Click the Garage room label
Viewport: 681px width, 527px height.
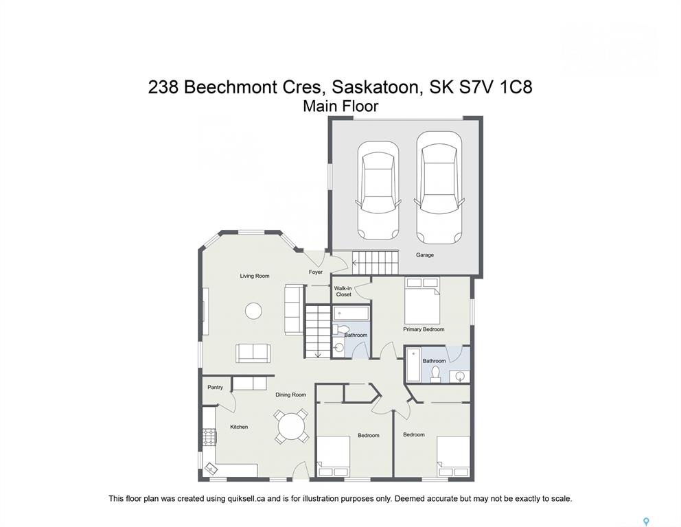pos(424,255)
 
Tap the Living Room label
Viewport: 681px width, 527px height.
pos(255,276)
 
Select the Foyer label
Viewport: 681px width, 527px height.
pos(316,272)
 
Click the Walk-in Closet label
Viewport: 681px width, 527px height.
pos(343,291)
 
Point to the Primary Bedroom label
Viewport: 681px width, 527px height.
pos(424,329)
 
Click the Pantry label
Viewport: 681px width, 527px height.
pos(215,387)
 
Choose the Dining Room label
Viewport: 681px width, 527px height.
pos(290,395)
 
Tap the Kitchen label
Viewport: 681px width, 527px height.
pos(239,427)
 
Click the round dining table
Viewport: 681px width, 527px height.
pos(292,426)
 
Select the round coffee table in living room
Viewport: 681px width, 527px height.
pos(253,311)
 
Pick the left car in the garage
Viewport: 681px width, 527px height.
pos(378,191)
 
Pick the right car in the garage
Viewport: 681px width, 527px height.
pos(439,187)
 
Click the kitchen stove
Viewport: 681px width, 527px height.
pos(209,436)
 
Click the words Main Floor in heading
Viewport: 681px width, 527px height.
pos(340,106)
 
